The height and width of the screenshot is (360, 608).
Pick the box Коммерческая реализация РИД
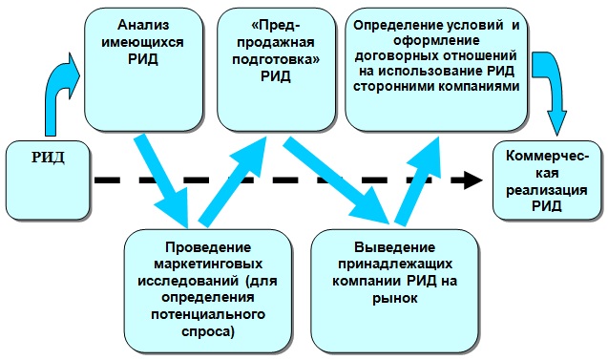point(547,181)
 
